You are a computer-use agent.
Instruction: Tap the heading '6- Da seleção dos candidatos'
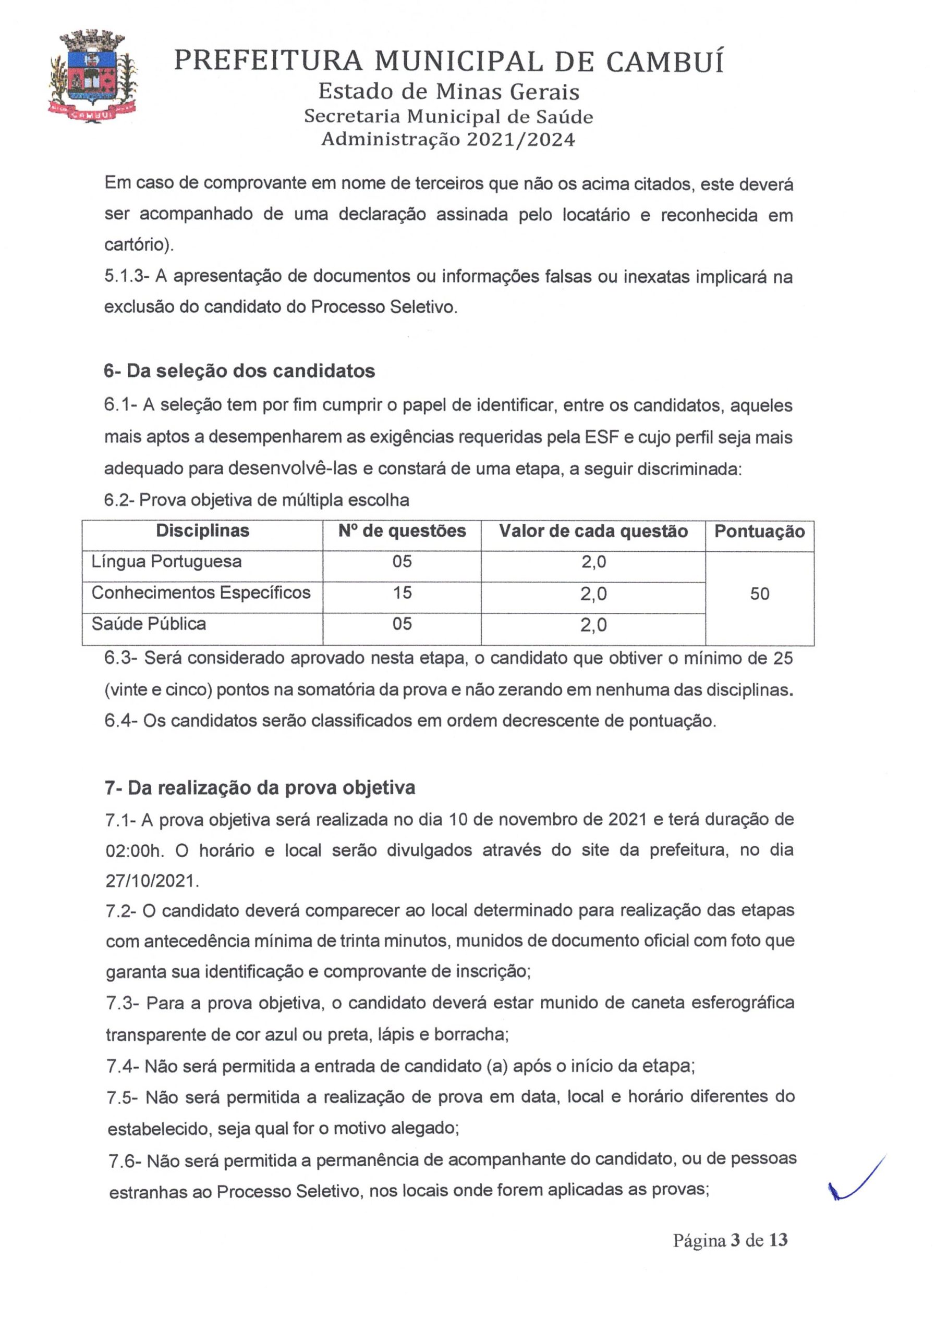[239, 370]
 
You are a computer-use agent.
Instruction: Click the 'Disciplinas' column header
[202, 530]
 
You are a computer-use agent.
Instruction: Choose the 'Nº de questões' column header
[402, 530]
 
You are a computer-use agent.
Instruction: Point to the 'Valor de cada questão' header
[593, 531]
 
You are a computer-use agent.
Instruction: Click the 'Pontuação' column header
[759, 531]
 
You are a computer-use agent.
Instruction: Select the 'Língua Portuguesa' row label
[166, 561]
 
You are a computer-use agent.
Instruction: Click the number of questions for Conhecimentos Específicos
[402, 592]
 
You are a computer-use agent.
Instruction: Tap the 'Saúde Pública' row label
[149, 624]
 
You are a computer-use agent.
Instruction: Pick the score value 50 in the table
[759, 594]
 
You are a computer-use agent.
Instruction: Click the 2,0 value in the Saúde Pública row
[593, 625]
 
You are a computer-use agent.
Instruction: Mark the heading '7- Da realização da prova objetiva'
[260, 788]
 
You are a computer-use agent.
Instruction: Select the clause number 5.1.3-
[127, 277]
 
